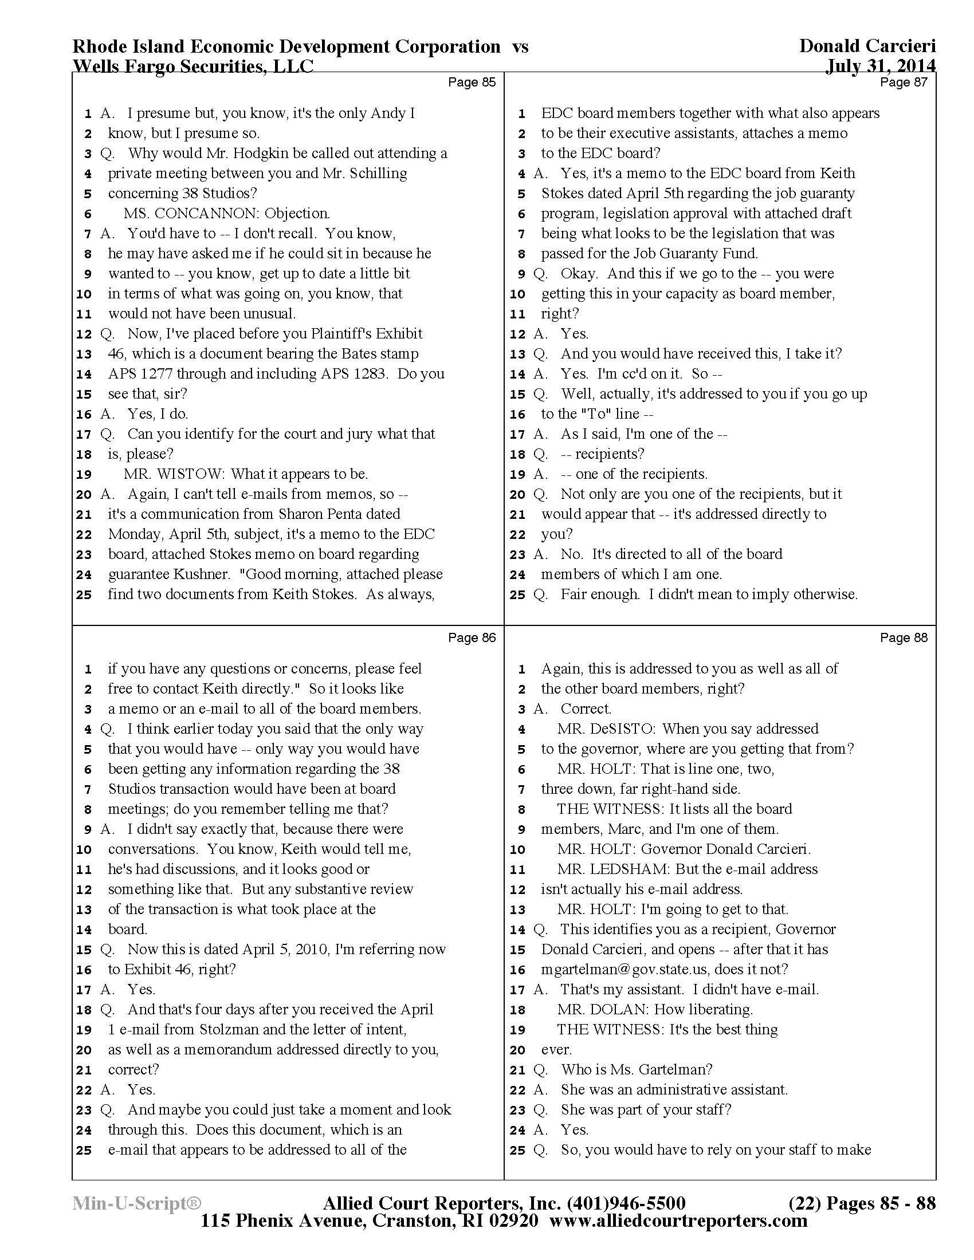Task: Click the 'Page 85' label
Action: (x=472, y=82)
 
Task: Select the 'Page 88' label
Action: (x=904, y=637)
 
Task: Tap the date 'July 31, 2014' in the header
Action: (x=880, y=66)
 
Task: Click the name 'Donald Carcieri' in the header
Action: (x=867, y=46)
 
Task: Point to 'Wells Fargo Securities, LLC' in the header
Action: (x=193, y=66)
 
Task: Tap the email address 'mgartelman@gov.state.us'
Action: (x=634, y=970)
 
